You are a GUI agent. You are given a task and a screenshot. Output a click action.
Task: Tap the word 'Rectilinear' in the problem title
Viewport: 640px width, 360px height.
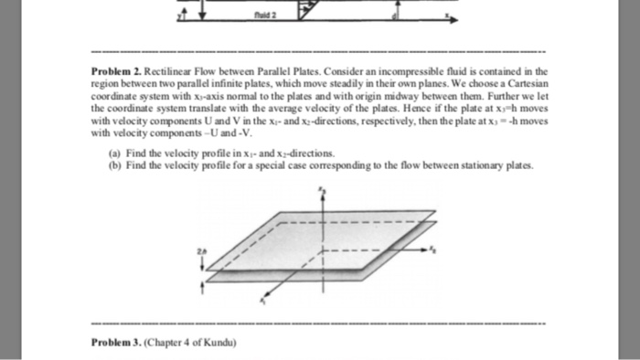(168, 69)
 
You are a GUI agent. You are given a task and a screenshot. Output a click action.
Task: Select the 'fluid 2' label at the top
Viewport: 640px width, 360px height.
(267, 14)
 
